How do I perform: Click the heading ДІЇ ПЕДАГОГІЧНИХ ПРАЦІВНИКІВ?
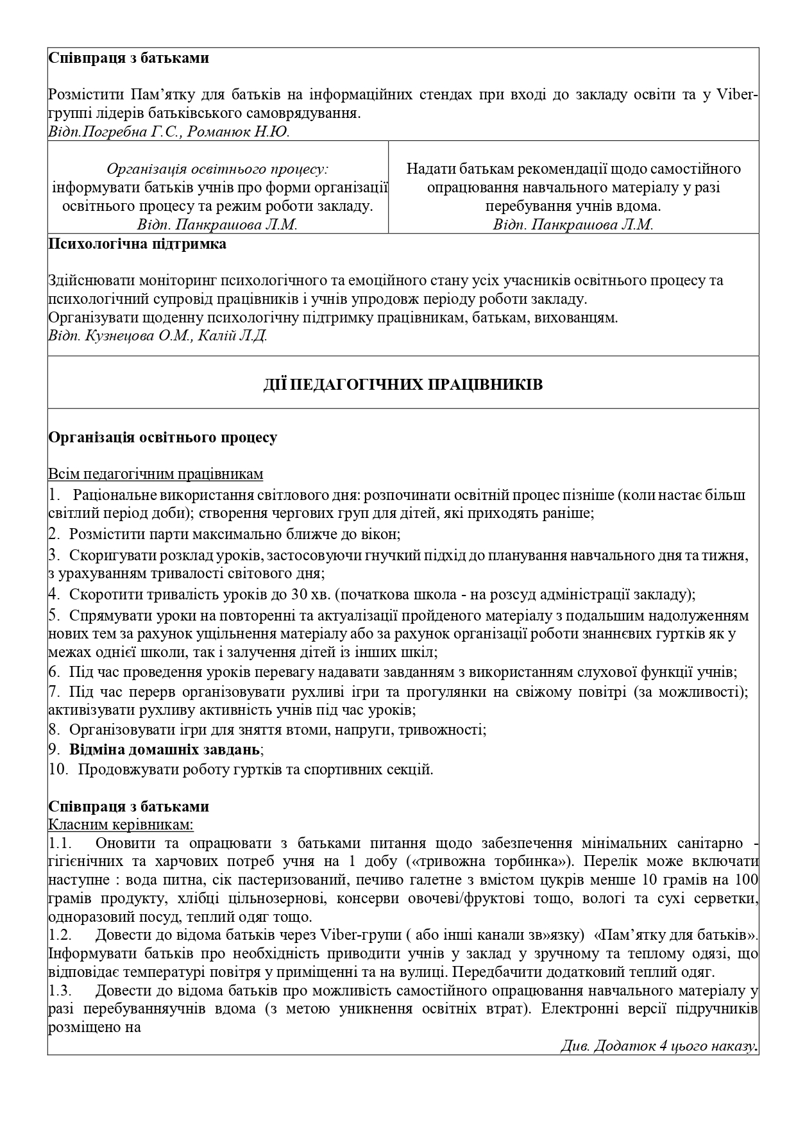(x=403, y=385)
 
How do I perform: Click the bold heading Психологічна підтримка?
(x=137, y=244)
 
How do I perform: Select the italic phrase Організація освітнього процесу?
(x=217, y=169)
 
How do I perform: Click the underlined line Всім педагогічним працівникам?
(x=155, y=474)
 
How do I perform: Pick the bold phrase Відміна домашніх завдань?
(x=165, y=749)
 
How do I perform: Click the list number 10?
(x=58, y=769)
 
